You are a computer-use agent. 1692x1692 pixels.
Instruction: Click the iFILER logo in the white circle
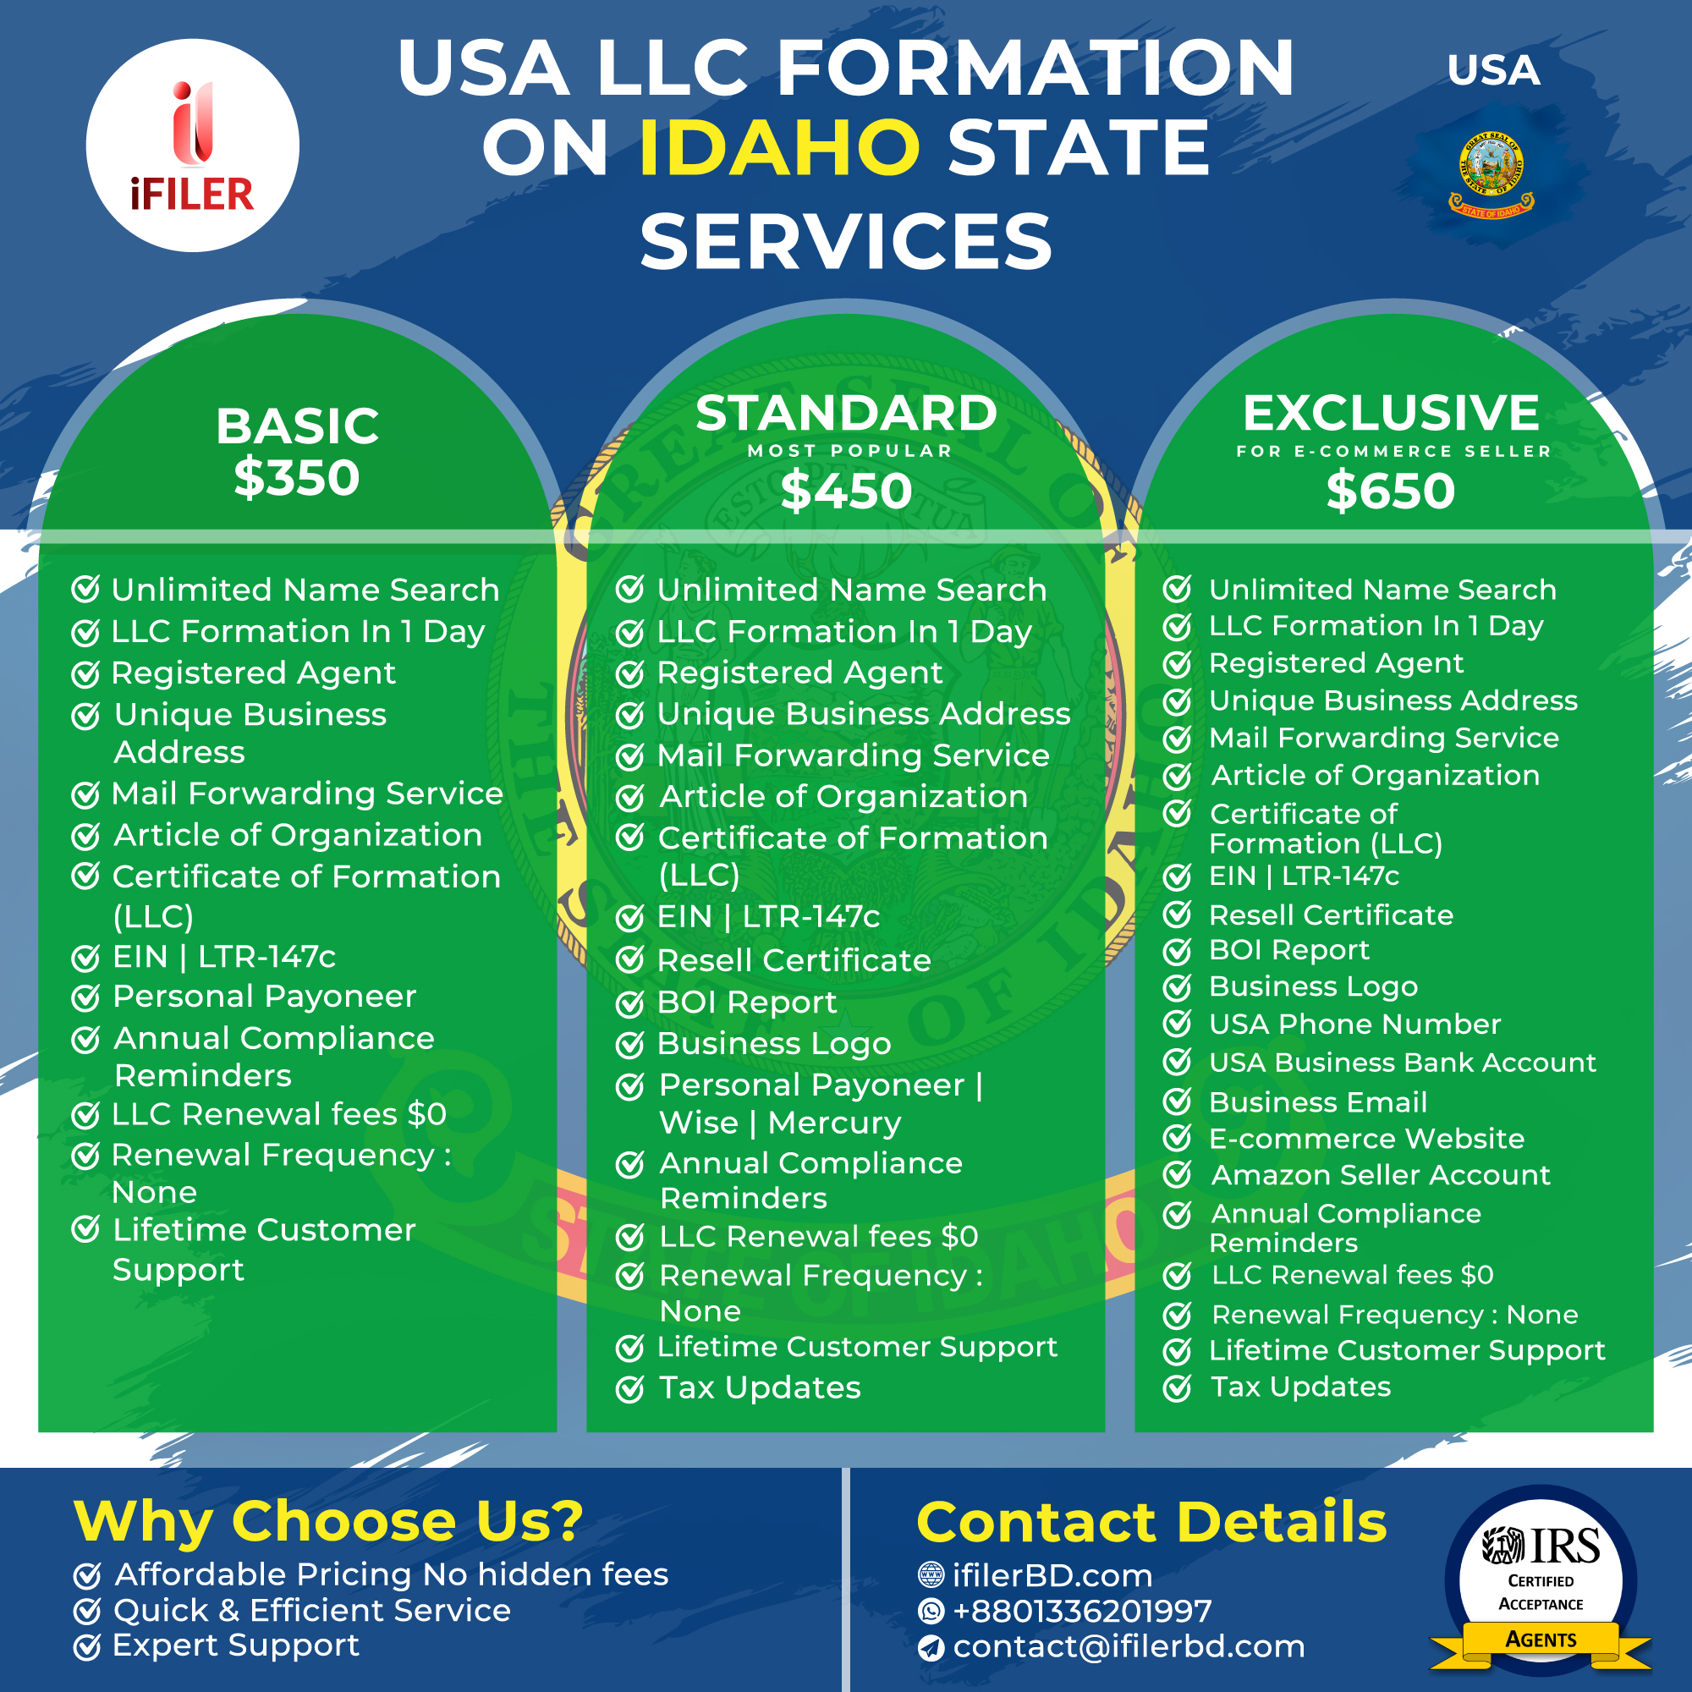tap(192, 146)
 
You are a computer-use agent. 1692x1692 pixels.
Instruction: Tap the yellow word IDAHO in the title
tap(779, 147)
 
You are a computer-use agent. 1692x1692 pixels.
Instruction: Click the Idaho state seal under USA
tap(1491, 174)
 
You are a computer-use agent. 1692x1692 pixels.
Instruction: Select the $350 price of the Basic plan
tap(297, 478)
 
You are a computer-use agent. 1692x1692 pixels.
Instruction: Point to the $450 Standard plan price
tap(846, 491)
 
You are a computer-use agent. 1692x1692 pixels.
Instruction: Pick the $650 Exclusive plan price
tap(1391, 491)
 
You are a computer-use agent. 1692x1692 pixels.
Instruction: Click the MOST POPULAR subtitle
tap(849, 451)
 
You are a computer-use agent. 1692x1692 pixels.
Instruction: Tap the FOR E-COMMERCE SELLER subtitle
tap(1393, 451)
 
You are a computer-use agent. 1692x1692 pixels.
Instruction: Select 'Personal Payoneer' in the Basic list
tap(265, 997)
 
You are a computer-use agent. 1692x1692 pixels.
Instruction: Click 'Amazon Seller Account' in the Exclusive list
tap(1380, 1175)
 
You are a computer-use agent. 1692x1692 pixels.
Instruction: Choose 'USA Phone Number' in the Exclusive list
tap(1354, 1024)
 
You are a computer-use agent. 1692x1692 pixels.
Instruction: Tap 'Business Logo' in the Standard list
tap(774, 1044)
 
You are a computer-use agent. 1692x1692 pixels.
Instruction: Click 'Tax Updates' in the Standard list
tap(761, 1388)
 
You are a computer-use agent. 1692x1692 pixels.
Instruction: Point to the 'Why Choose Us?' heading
tap(328, 1522)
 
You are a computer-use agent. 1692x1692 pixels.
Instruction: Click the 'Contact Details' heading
tap(1151, 1522)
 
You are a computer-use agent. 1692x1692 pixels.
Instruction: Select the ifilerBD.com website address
tap(1052, 1575)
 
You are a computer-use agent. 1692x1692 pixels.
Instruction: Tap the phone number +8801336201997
tap(1083, 1611)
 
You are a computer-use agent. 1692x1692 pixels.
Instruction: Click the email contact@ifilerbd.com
tap(1129, 1646)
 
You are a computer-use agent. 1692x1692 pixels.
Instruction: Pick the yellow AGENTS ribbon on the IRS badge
tap(1541, 1640)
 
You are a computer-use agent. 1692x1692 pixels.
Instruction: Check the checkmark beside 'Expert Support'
tap(86, 1647)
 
